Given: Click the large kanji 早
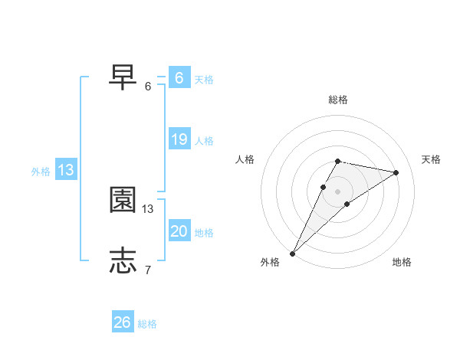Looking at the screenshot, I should [x=123, y=77].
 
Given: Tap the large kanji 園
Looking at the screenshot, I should [x=123, y=200].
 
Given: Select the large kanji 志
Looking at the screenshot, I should [x=123, y=260].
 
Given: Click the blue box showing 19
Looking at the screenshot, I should [x=179, y=139].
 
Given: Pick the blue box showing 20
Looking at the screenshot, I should [x=179, y=231].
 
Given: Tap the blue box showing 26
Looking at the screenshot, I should [x=123, y=322].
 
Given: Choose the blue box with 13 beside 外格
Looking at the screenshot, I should [x=66, y=170].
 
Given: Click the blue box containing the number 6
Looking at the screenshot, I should [x=179, y=78].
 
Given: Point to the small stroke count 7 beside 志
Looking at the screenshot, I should [x=148, y=270].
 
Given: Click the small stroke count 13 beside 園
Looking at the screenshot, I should [x=149, y=208].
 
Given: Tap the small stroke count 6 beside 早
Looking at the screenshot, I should [x=148, y=86].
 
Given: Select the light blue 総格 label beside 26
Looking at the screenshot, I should [x=147, y=324].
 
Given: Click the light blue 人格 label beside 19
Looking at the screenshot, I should [x=204, y=141].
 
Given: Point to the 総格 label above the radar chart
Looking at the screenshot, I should [x=338, y=100].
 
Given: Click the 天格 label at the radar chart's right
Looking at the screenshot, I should [x=431, y=159].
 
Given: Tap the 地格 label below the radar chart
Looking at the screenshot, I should [x=402, y=263].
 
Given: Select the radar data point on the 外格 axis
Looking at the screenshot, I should [x=292, y=253].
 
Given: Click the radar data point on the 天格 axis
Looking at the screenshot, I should [x=396, y=172].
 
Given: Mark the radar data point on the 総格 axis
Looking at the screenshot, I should [x=337, y=161].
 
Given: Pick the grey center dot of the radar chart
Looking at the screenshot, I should [x=337, y=191].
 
